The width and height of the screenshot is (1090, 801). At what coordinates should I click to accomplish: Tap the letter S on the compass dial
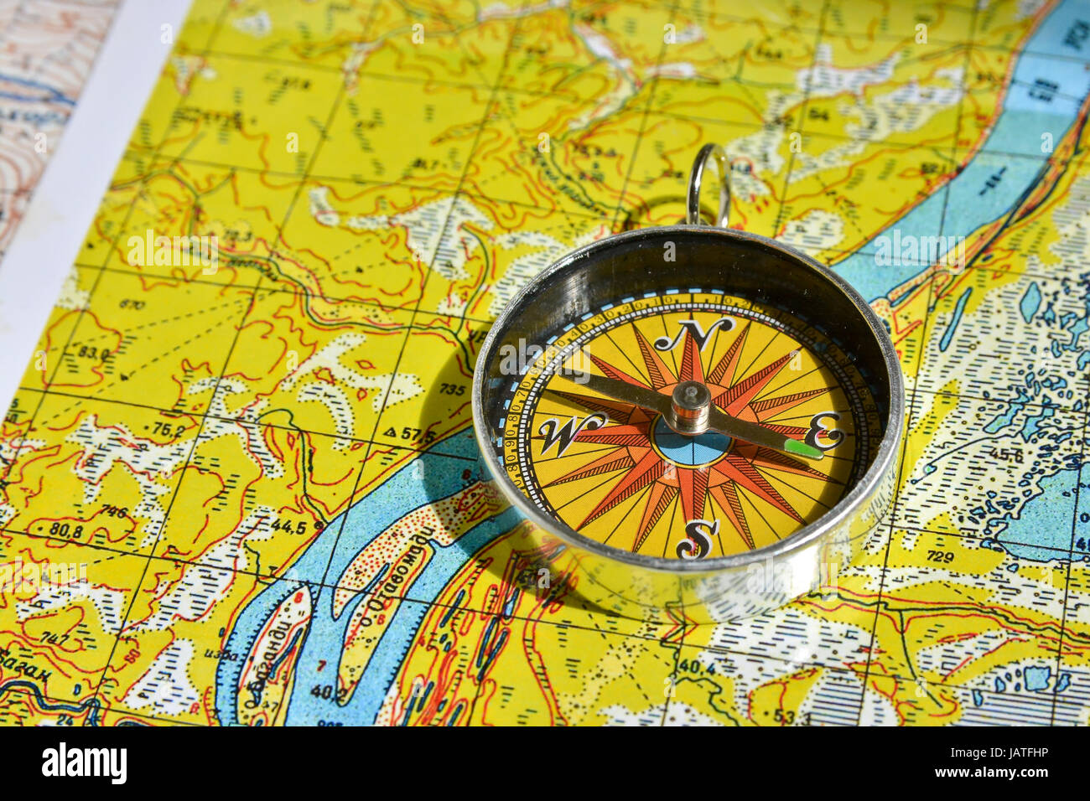coord(698,539)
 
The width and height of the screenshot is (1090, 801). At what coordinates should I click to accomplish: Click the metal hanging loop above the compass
coord(708,185)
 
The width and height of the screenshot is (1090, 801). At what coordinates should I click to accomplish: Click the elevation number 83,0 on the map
coord(93,354)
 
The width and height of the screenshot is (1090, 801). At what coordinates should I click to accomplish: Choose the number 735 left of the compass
coord(451,390)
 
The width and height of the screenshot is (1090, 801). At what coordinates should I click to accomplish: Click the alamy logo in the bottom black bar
coord(84,763)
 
